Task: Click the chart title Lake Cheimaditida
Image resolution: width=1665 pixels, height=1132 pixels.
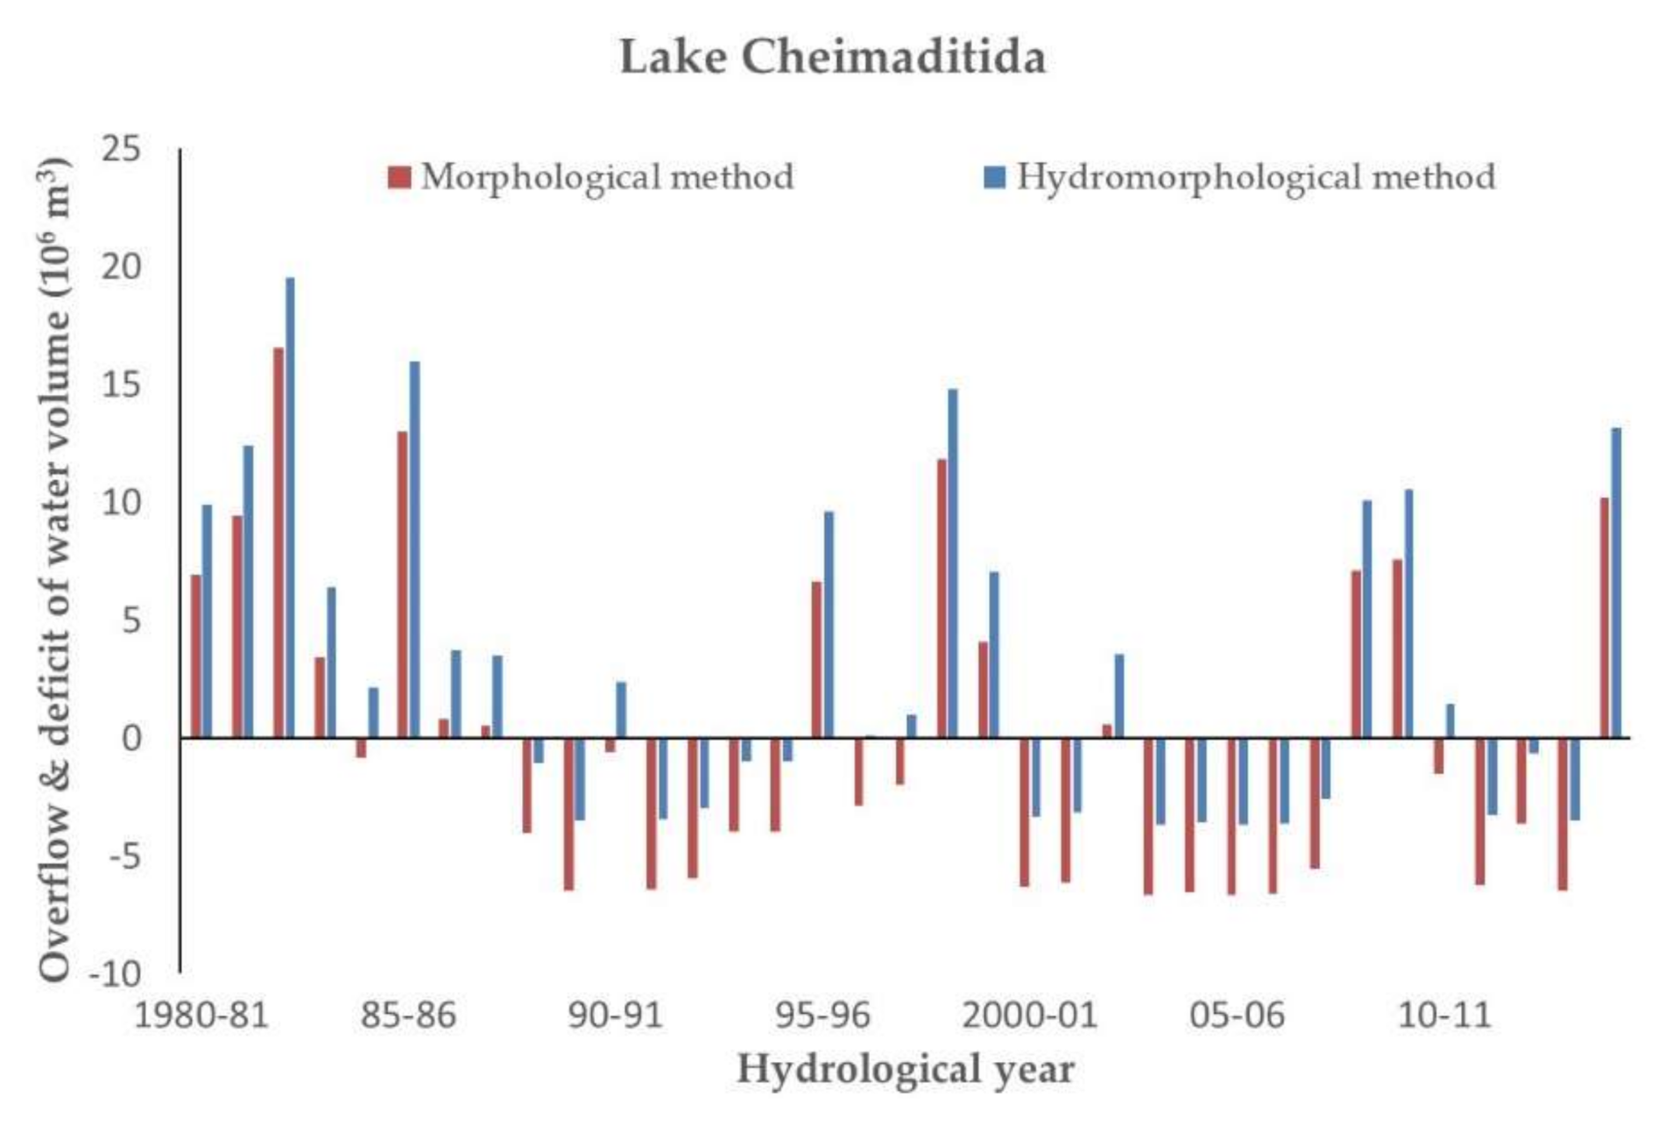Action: [x=832, y=58]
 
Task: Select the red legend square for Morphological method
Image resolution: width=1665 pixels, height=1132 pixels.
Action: [x=399, y=178]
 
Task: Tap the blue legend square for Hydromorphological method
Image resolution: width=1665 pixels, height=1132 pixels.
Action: [x=995, y=178]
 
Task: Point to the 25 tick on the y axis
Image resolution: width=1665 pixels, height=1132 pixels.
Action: [x=120, y=150]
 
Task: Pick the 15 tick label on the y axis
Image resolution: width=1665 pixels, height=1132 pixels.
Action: [x=120, y=385]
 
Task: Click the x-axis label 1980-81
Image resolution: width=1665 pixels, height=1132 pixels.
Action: [x=201, y=1016]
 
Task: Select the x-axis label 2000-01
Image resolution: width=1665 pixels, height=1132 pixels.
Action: [x=1029, y=1016]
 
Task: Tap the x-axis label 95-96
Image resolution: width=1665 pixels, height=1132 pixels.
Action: [x=822, y=1016]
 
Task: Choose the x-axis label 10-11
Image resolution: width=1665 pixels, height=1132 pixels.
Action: [x=1443, y=1016]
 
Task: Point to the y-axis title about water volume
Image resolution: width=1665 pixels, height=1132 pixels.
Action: [x=54, y=569]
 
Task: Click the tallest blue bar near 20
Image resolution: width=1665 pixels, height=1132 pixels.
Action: [x=290, y=508]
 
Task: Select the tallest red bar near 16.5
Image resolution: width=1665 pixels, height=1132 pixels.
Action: [x=279, y=543]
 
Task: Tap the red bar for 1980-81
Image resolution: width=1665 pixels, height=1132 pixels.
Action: [x=195, y=657]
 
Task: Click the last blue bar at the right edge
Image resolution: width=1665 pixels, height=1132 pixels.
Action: [x=1616, y=582]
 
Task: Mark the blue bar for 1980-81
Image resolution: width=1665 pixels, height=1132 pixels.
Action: [x=207, y=622]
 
